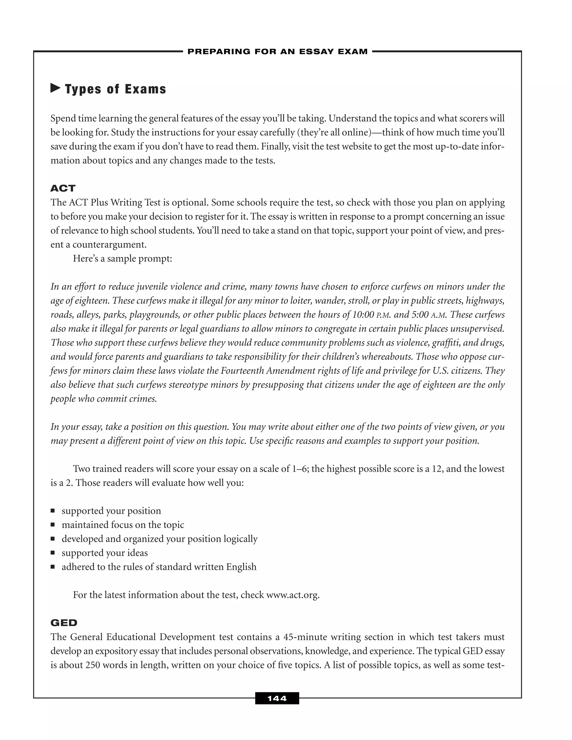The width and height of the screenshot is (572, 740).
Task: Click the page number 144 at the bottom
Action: pos(277,698)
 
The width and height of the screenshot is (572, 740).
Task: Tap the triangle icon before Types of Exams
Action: pos(55,89)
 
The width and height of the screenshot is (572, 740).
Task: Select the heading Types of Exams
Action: pos(115,89)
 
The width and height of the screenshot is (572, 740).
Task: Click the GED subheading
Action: pos(64,622)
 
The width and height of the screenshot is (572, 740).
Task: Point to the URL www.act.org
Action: pos(293,595)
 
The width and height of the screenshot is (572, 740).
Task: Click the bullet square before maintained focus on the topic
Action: pos(53,525)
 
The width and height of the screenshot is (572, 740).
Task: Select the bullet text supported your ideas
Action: pos(105,553)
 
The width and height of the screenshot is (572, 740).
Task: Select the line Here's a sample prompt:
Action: pos(123,259)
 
